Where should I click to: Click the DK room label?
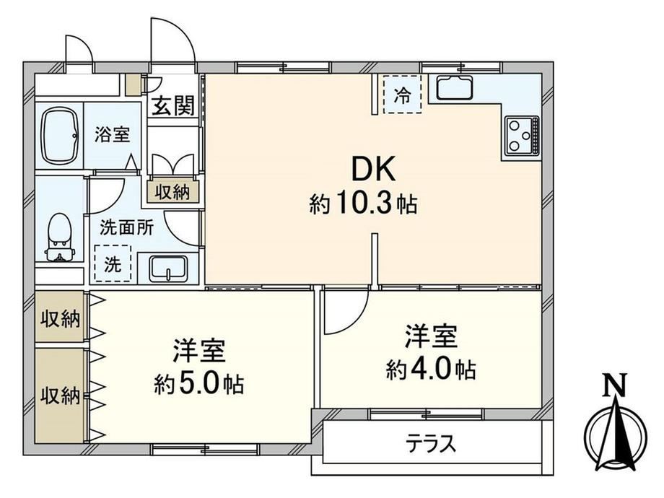tap(374, 169)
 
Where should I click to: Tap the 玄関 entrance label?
tap(173, 105)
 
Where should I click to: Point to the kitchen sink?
tap(455, 87)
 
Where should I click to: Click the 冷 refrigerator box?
tap(402, 94)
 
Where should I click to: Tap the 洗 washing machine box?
tap(113, 263)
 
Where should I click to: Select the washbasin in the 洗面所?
tap(169, 268)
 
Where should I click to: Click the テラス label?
tap(431, 444)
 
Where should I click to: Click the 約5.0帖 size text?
tap(198, 384)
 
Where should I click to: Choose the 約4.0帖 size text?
tap(431, 370)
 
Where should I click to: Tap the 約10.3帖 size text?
tap(363, 204)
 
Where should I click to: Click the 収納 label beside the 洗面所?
tap(172, 193)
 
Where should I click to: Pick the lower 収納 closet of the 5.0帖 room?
tap(60, 396)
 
